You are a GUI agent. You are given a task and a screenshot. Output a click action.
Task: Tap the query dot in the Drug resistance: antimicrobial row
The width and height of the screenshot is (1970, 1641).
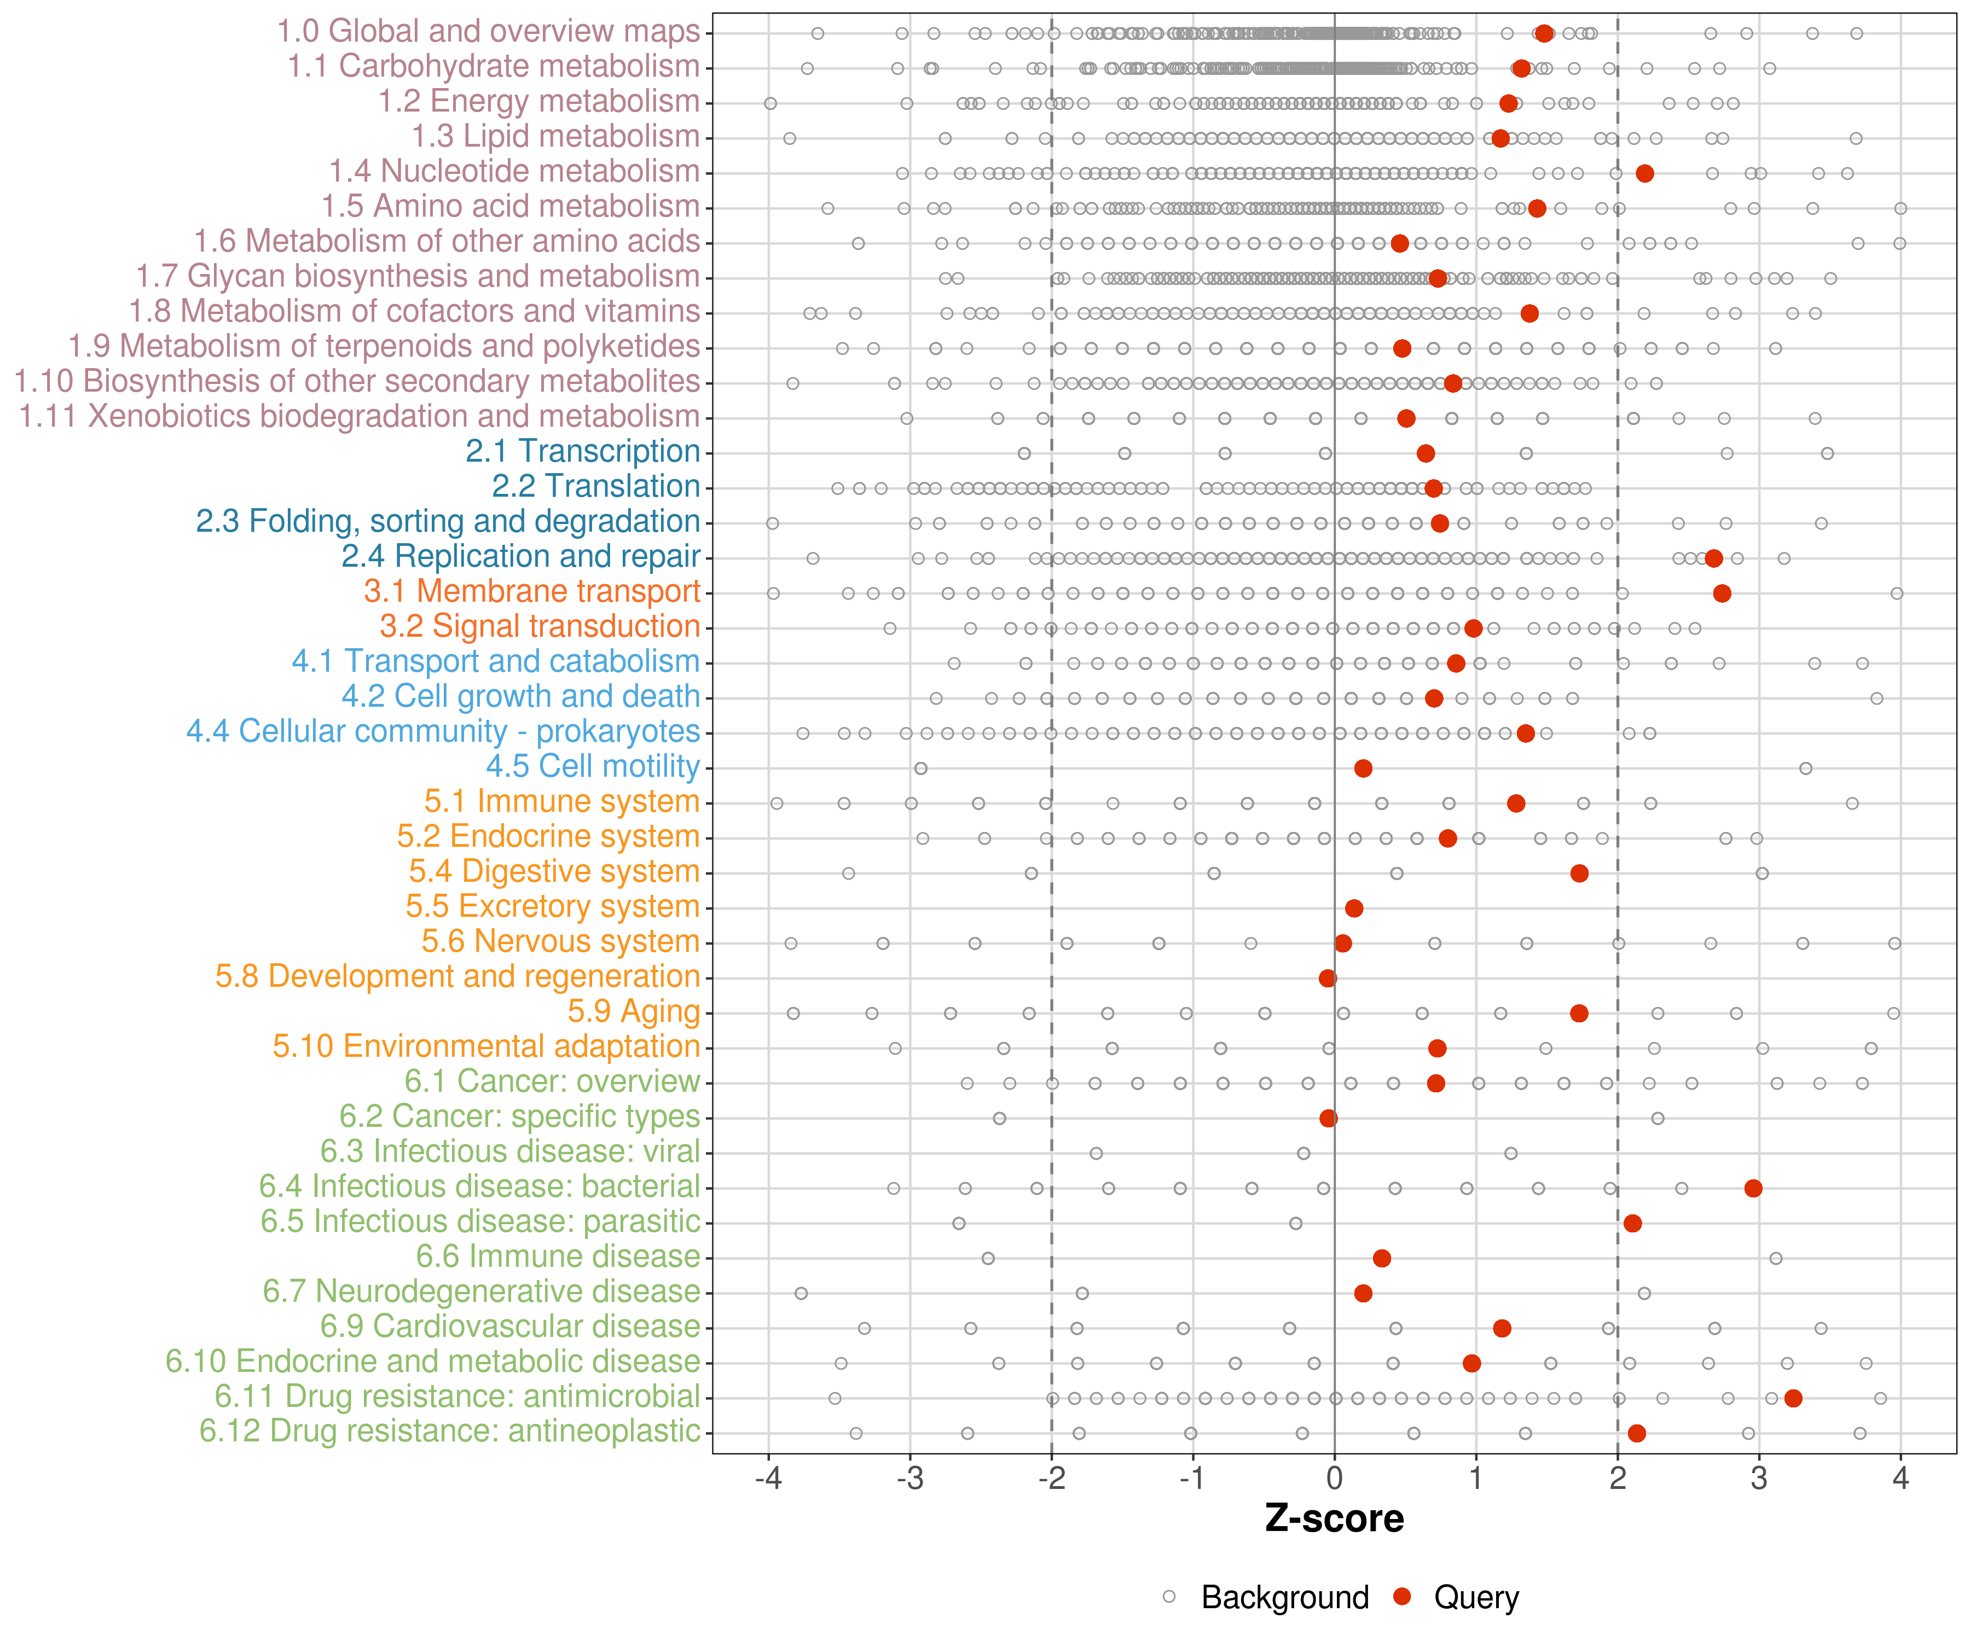coord(1793,1398)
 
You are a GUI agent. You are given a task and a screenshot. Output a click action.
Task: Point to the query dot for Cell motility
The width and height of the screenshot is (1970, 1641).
coord(1363,768)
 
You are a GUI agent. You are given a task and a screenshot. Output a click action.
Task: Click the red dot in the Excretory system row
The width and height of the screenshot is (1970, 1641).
coord(1354,907)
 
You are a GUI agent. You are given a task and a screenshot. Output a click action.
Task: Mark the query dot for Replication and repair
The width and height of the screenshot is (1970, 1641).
coord(1714,558)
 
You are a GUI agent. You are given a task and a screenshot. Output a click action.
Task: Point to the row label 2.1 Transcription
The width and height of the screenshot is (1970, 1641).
coord(583,451)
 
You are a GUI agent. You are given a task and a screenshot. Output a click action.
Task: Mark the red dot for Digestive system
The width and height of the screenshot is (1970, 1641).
coord(1580,873)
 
